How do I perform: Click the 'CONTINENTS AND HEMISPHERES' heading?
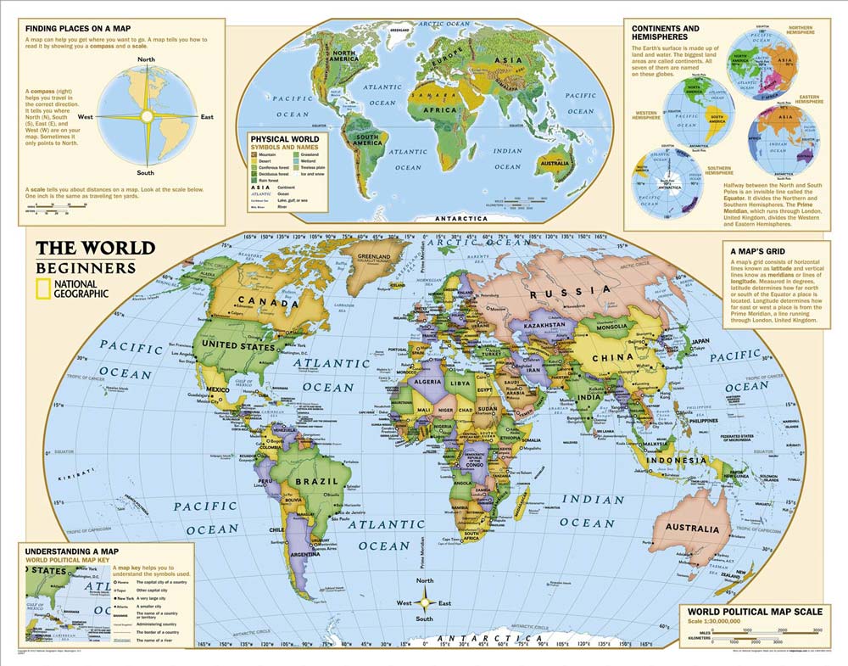click(x=666, y=33)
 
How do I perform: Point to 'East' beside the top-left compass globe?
click(x=206, y=116)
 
